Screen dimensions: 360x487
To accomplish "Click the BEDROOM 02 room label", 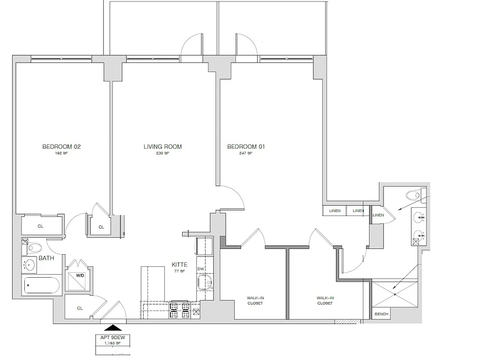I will [61, 147].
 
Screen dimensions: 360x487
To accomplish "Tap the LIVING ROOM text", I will [162, 147].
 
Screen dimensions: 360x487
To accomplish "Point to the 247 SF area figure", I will [246, 153].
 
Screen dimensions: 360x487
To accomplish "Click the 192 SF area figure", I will [61, 153].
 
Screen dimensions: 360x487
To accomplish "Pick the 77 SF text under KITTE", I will [179, 271].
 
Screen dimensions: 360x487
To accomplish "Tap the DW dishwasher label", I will [201, 269].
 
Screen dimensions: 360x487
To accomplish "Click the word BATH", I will [47, 258].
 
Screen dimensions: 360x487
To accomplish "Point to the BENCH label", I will [381, 314].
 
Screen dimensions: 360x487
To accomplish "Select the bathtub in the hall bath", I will [41, 285].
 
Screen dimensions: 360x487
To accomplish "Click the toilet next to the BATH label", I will [34, 247].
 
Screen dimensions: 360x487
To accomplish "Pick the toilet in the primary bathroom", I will [413, 195].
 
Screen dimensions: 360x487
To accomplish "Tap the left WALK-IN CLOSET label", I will [255, 300].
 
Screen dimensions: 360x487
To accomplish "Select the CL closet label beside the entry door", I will [80, 308].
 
